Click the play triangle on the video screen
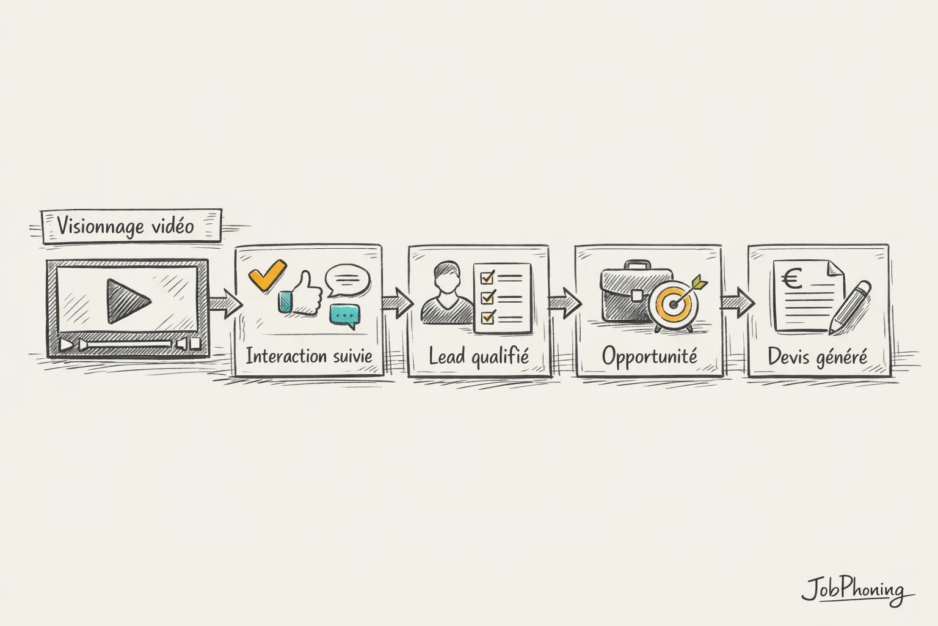127,301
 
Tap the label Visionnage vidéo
126,226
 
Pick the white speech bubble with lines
348,279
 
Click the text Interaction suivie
308,356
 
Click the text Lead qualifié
478,356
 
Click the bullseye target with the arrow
674,303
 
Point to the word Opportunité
649,356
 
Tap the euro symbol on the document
793,281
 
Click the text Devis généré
817,356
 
